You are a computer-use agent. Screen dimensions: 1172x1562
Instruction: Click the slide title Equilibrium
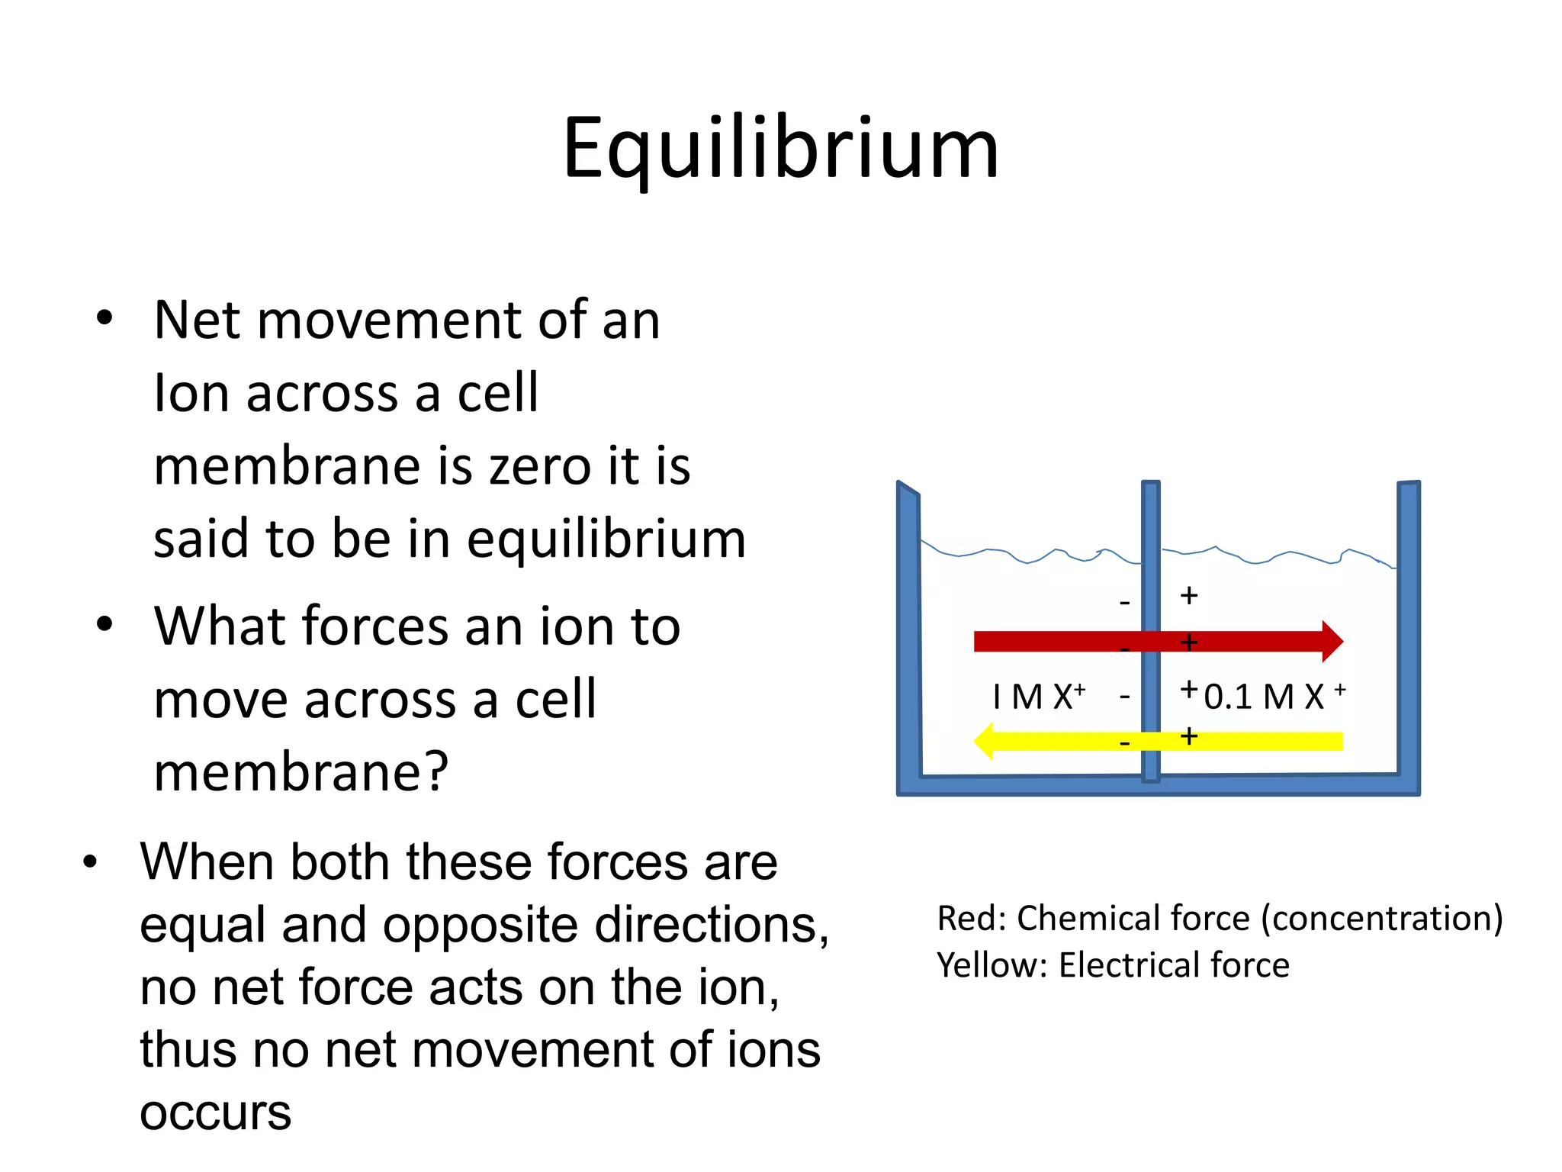[x=780, y=149]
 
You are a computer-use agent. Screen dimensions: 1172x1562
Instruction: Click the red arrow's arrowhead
[x=1331, y=641]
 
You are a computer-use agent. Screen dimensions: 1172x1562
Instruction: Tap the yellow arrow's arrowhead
[x=985, y=741]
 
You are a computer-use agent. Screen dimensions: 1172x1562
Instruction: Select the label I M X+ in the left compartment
[x=1038, y=696]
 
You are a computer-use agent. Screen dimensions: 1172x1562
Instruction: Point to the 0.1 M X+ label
[x=1274, y=696]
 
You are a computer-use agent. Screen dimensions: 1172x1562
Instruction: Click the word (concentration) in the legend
[x=1381, y=918]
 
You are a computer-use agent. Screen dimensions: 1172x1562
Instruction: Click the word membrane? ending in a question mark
[x=301, y=771]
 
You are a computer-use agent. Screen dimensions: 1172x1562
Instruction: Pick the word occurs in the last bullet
[x=215, y=1112]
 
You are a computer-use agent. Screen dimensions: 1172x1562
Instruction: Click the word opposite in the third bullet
[x=482, y=925]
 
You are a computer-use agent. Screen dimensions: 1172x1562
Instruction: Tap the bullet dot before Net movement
[x=104, y=318]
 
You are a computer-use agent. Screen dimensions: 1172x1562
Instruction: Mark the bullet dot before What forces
[x=104, y=624]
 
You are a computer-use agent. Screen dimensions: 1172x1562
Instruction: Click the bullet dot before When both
[x=91, y=861]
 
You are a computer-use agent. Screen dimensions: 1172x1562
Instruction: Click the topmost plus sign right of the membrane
[x=1188, y=595]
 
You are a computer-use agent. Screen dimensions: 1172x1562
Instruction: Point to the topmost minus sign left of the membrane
[x=1124, y=604]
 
